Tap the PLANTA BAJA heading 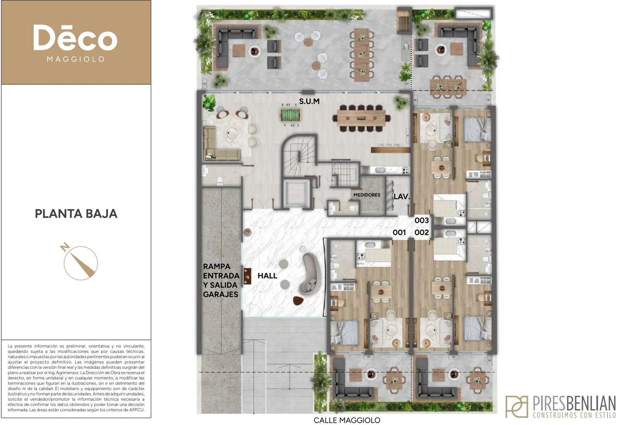point(76,214)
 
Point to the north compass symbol point(80,262)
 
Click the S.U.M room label point(309,101)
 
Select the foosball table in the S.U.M point(290,115)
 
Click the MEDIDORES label point(367,195)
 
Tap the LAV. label point(402,197)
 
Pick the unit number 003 point(422,220)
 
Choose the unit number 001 point(399,232)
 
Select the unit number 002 point(422,232)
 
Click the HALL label point(267,275)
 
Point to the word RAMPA point(217,267)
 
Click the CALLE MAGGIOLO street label point(347,420)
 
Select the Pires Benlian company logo point(560,406)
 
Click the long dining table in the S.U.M point(361,118)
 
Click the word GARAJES point(221,294)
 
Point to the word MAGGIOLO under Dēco point(76,59)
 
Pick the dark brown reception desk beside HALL point(247,276)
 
